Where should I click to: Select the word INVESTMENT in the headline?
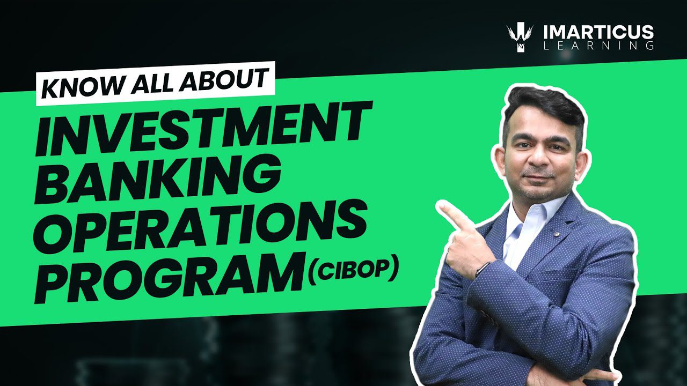coord(202,128)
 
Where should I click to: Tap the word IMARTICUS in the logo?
coord(598,32)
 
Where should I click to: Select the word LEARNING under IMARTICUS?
coord(598,46)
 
